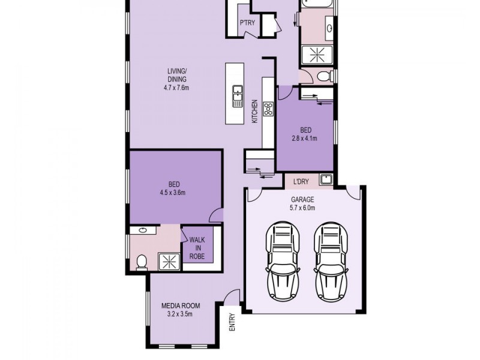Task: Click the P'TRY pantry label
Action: tap(247, 23)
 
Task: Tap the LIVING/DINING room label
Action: tap(176, 76)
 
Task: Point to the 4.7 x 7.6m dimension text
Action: tap(176, 88)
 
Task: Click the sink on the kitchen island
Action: tap(238, 93)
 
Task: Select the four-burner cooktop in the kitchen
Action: tap(268, 109)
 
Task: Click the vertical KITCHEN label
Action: tap(254, 112)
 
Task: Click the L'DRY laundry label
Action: tap(301, 181)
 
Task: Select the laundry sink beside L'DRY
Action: tap(325, 179)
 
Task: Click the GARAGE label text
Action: tap(302, 199)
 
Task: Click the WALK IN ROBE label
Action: tap(197, 248)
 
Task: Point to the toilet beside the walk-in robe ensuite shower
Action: tap(142, 262)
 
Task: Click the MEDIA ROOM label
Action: tap(181, 305)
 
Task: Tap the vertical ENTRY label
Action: tap(232, 324)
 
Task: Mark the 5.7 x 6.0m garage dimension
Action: tap(302, 208)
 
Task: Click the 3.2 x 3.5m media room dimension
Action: tap(181, 314)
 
